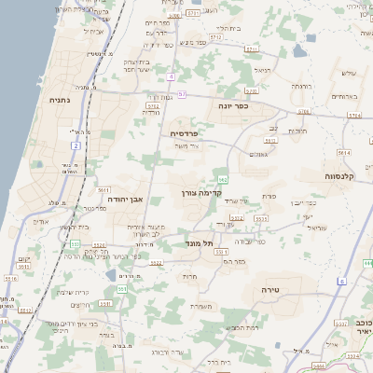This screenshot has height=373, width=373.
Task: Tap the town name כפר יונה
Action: click(x=233, y=105)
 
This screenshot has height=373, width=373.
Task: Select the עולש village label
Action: click(x=350, y=73)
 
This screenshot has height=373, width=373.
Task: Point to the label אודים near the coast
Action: click(x=40, y=221)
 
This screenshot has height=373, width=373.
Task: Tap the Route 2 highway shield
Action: click(x=76, y=145)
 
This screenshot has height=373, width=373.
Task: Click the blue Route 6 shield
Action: click(x=342, y=280)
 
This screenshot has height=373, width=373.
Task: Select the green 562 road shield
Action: click(x=222, y=178)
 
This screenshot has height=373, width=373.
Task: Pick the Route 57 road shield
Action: click(x=183, y=94)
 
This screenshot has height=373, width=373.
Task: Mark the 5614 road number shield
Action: click(x=344, y=151)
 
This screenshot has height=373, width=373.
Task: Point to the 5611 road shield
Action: click(x=102, y=188)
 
